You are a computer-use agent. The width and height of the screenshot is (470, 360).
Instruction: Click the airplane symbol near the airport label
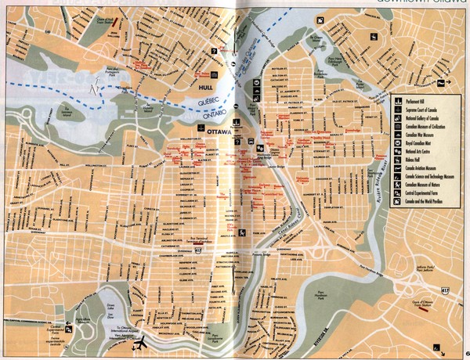(x=141, y=341)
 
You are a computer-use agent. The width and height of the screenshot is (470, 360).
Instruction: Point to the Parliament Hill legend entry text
(x=419, y=102)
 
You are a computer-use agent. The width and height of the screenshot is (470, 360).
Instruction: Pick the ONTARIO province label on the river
(x=206, y=114)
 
